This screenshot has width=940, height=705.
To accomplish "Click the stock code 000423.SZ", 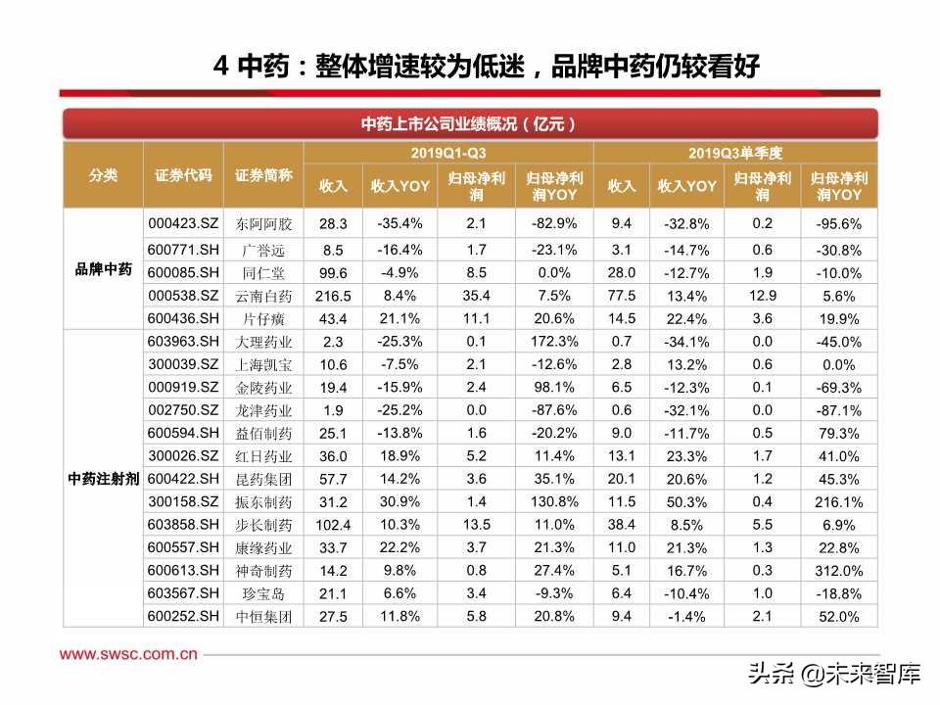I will [182, 222].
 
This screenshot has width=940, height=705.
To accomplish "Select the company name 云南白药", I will [264, 296].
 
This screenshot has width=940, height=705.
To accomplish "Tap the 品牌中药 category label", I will [103, 269].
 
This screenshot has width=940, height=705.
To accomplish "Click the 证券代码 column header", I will [183, 175].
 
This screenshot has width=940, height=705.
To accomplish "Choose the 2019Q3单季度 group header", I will [734, 153].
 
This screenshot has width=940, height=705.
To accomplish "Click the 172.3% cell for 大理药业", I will [553, 342].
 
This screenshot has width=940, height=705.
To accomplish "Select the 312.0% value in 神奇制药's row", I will [838, 571].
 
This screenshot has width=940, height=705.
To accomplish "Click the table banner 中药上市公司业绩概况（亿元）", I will [469, 124].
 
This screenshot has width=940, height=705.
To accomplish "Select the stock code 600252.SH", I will [182, 616].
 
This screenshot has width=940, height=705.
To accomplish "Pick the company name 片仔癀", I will [264, 318].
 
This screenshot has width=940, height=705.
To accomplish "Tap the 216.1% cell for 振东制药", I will [838, 502].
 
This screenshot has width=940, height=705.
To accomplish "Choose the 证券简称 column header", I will [264, 175].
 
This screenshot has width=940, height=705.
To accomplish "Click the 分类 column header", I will [103, 175].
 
